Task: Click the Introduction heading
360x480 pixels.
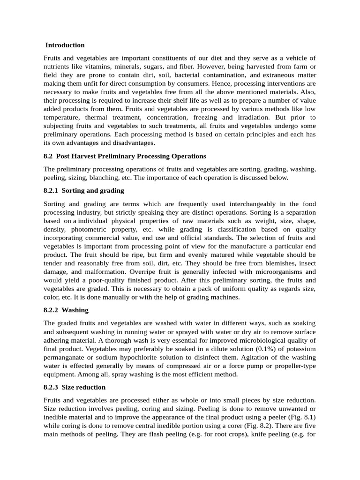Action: pyautogui.click(x=65, y=45)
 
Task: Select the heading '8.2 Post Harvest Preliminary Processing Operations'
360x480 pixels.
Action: pyautogui.click(x=125, y=156)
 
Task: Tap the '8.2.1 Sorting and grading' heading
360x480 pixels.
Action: pyautogui.click(x=84, y=191)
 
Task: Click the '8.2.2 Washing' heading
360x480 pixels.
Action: pyautogui.click(x=66, y=310)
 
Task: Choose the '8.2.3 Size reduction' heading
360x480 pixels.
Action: pyautogui.click(x=75, y=387)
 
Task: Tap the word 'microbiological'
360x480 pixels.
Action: pyautogui.click(x=263, y=340)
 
